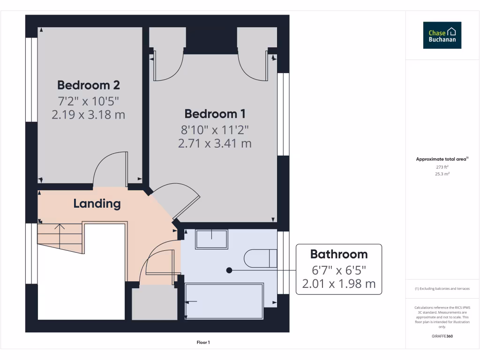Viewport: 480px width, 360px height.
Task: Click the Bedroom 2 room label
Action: coord(88,85)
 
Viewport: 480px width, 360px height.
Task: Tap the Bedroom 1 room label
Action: coord(215,114)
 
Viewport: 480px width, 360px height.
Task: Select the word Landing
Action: coord(97,204)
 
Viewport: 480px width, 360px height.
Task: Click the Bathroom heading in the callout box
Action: coord(339,255)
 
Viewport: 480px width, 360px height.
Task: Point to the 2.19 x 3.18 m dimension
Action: coord(88,115)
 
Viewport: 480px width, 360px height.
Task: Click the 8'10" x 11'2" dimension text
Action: coord(215,129)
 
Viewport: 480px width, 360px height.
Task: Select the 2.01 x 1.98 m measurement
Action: coord(339,284)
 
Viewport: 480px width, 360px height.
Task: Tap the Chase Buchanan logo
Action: coord(442,35)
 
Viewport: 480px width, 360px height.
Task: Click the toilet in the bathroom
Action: coord(260,258)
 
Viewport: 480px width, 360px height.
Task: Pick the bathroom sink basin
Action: coord(211,239)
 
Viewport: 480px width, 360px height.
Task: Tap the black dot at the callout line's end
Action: coord(229,270)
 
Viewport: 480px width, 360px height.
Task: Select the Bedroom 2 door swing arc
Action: coord(108,166)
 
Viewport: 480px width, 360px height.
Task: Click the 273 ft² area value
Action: coord(442,167)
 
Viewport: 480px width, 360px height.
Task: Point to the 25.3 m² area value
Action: coord(442,174)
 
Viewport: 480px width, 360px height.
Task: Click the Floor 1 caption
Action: coord(203,343)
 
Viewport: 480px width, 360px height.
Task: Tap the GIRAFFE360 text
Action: coord(442,336)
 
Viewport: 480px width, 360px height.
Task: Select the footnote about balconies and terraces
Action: coord(442,289)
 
